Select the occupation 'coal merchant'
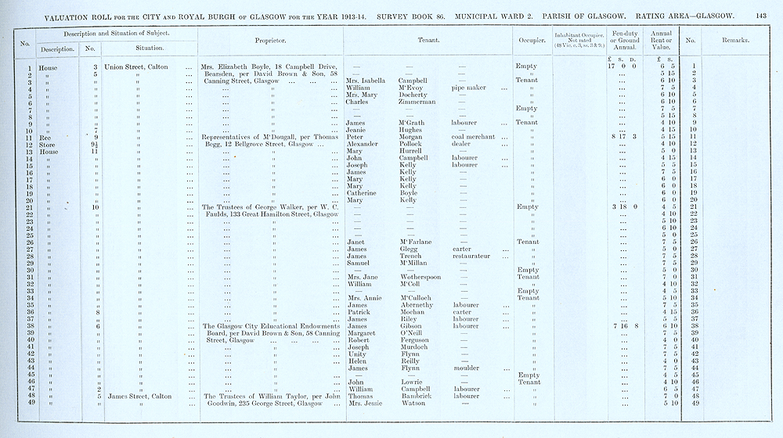click(x=474, y=137)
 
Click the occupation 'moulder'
click(x=467, y=367)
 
